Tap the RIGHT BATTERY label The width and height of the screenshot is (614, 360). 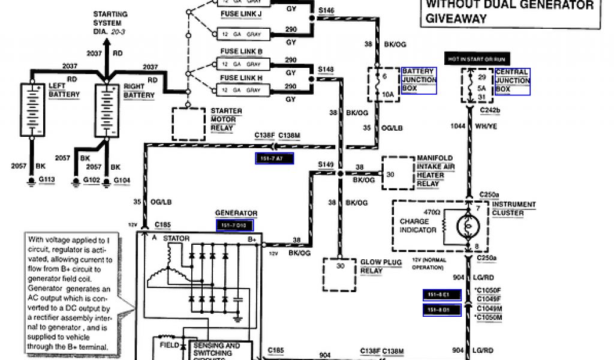click(139, 91)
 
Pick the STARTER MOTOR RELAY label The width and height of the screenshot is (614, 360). click(226, 119)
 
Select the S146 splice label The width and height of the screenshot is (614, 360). click(326, 10)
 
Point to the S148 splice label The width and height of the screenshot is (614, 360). click(326, 69)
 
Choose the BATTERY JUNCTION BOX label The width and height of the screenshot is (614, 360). click(419, 80)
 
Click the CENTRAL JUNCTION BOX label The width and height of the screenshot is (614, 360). click(513, 80)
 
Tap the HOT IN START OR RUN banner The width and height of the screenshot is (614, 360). click(475, 59)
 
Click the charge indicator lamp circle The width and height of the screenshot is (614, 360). click(468, 226)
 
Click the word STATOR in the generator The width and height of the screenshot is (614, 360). click(177, 239)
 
